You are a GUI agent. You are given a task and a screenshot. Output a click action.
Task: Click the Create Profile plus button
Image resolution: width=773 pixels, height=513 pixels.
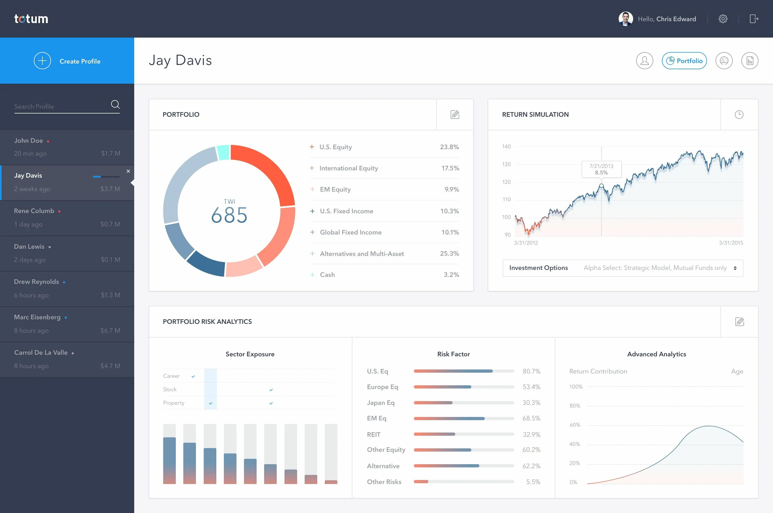(42, 61)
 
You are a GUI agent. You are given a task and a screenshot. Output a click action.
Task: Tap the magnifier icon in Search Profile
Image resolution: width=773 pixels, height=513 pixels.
(115, 104)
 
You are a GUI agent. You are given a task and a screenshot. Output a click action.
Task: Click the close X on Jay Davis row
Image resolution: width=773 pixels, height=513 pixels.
(128, 171)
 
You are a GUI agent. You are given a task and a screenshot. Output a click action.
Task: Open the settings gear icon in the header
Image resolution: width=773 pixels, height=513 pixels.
(723, 19)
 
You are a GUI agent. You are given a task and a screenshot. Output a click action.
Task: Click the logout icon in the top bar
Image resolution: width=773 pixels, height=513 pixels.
(754, 19)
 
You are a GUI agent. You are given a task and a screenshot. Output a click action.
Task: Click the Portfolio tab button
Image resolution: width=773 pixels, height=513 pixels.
(684, 61)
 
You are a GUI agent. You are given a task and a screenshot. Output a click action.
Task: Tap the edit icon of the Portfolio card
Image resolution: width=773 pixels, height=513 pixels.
(455, 115)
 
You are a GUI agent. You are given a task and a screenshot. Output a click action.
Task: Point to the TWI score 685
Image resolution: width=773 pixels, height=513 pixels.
(229, 215)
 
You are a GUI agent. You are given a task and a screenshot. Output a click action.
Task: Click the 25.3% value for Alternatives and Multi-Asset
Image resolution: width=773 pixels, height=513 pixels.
(449, 254)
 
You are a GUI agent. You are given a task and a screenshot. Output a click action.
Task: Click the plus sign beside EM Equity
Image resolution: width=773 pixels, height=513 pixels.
(312, 189)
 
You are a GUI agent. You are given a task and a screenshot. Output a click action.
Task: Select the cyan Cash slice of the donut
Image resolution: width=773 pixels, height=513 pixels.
(223, 152)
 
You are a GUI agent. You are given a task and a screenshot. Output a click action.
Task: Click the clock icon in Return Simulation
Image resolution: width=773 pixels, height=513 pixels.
(739, 115)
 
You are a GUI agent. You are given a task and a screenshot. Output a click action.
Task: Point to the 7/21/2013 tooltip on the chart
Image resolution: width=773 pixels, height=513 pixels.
(601, 169)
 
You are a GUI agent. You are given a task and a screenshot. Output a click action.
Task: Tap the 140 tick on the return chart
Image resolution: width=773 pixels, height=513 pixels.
(506, 146)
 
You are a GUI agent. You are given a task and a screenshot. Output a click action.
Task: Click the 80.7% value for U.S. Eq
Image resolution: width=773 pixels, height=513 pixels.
(531, 371)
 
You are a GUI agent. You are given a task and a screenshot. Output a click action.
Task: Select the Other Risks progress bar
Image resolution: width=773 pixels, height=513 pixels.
(464, 482)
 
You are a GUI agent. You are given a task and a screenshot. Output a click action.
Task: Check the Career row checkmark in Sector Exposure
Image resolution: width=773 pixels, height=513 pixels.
(193, 376)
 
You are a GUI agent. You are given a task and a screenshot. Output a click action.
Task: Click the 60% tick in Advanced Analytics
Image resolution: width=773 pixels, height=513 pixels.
(575, 425)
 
